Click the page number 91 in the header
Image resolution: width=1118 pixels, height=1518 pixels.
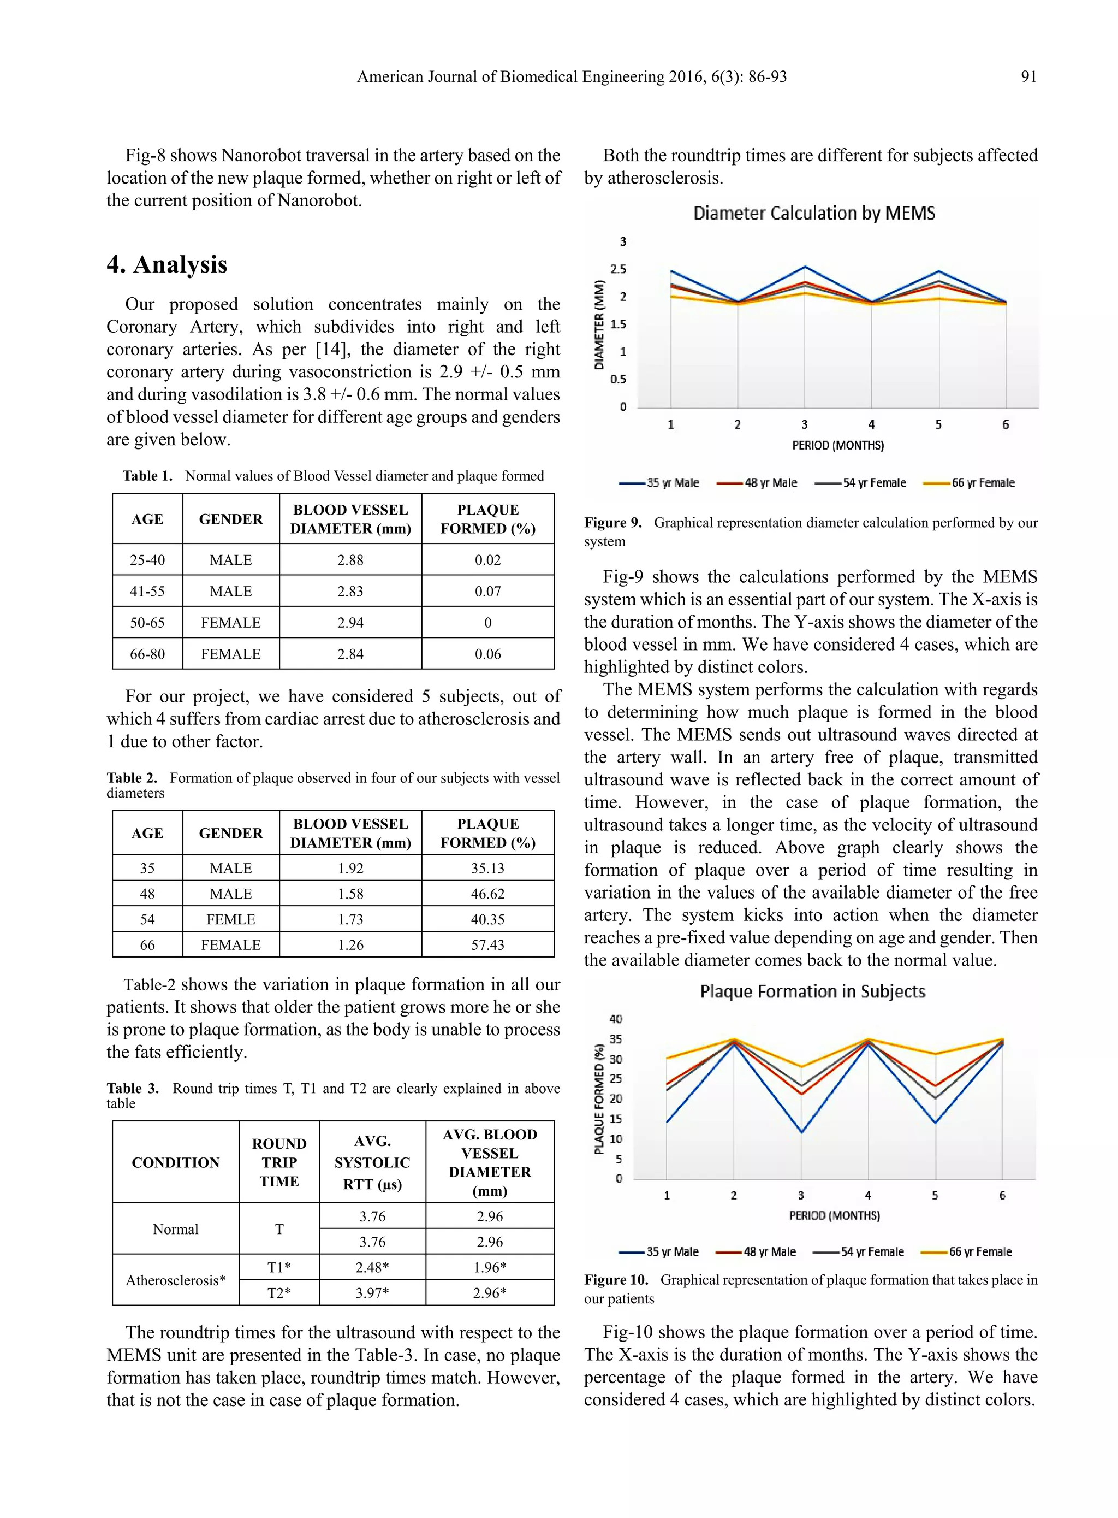point(1028,76)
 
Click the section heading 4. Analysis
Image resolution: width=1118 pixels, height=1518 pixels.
point(166,264)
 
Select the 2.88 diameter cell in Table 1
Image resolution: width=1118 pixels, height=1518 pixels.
point(350,560)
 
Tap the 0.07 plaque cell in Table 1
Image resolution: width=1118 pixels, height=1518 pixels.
point(487,591)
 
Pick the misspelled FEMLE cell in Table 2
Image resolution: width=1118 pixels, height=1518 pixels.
point(231,919)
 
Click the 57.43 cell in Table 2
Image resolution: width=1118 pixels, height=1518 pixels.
point(487,944)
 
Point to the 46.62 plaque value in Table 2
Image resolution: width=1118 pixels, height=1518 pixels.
point(487,894)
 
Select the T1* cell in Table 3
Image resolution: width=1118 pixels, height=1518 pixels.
point(279,1267)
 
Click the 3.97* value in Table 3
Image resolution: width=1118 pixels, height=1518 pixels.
point(372,1292)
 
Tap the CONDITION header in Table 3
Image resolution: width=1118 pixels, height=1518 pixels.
point(175,1162)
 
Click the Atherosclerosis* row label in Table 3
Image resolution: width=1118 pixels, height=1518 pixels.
point(175,1280)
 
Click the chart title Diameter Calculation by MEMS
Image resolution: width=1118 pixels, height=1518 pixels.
point(814,213)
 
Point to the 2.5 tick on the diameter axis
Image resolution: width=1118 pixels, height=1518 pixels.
point(618,269)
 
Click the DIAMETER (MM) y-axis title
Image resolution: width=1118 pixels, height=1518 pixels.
point(599,325)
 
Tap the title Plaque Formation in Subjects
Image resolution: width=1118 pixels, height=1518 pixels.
point(812,991)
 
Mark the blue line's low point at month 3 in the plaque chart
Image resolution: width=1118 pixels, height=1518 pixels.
point(801,1132)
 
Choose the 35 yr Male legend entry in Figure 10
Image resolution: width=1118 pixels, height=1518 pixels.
point(660,1252)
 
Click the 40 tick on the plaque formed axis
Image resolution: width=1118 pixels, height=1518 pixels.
point(616,1019)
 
